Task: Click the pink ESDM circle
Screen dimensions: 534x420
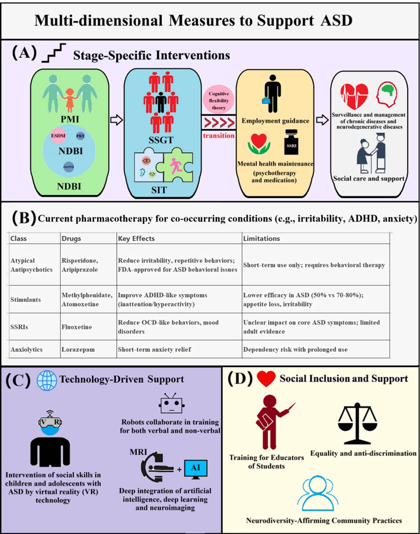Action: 58,136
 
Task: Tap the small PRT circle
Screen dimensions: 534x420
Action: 80,136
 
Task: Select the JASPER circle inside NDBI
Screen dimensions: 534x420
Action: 68,166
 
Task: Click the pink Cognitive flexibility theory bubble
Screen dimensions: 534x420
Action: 219,100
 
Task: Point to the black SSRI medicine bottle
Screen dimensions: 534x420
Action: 291,142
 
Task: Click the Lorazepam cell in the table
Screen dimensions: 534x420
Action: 78,350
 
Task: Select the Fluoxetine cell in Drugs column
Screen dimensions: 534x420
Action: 77,327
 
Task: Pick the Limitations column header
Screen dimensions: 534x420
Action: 261,238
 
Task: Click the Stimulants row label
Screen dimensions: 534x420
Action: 26,300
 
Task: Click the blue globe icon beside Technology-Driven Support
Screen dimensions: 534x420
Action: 47,380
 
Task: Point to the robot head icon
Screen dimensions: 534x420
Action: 172,404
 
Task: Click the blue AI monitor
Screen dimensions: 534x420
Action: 196,469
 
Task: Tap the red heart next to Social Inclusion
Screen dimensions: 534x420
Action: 266,379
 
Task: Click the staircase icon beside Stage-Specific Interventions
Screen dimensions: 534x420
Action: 54,53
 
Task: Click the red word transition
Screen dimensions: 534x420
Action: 219,136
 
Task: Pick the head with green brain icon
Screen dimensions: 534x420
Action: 387,94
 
